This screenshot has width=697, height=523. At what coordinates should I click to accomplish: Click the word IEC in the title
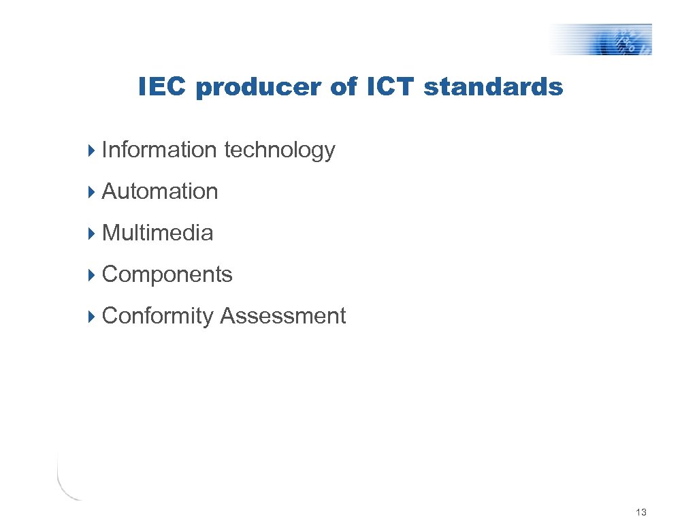point(162,87)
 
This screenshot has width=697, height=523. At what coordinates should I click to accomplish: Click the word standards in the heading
point(493,87)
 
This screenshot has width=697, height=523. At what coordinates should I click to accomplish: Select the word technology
point(279,150)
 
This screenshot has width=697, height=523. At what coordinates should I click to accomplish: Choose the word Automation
point(160,191)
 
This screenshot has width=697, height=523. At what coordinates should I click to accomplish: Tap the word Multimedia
point(157,233)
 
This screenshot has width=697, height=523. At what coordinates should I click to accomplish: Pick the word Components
point(167,275)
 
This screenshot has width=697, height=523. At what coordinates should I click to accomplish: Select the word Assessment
point(282,316)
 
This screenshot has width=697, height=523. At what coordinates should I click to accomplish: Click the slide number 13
point(640,512)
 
